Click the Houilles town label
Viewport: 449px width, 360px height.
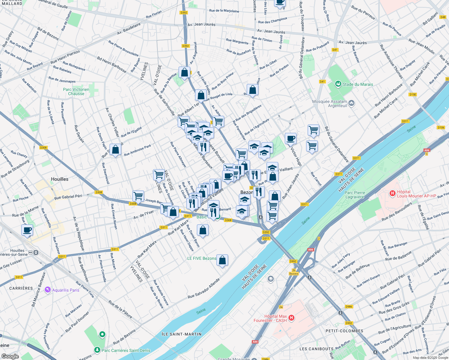pyautogui.click(x=59, y=179)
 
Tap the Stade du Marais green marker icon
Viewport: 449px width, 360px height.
pyautogui.click(x=338, y=84)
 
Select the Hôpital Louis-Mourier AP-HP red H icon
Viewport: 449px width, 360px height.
pyautogui.click(x=392, y=193)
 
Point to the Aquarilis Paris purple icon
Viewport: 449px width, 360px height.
pyautogui.click(x=47, y=290)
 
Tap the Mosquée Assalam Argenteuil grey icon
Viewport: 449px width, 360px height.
pyautogui.click(x=351, y=103)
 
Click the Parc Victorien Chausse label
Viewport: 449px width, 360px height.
pyautogui.click(x=76, y=91)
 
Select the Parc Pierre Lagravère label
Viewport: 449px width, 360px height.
pyautogui.click(x=354, y=195)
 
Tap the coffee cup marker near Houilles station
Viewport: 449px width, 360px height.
pyautogui.click(x=27, y=230)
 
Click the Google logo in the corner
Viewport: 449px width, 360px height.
pyautogui.click(x=10, y=356)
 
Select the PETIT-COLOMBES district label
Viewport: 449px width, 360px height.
pyautogui.click(x=344, y=331)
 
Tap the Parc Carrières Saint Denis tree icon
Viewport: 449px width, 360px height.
pyautogui.click(x=97, y=350)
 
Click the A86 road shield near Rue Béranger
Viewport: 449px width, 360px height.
pyautogui.click(x=310, y=250)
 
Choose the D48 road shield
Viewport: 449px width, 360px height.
pyautogui.click(x=443, y=17)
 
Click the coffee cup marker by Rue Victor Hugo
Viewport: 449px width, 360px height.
pyautogui.click(x=290, y=139)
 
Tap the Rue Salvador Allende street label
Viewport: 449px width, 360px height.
pyautogui.click(x=204, y=288)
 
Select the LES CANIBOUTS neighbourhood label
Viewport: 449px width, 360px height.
pyautogui.click(x=316, y=349)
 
